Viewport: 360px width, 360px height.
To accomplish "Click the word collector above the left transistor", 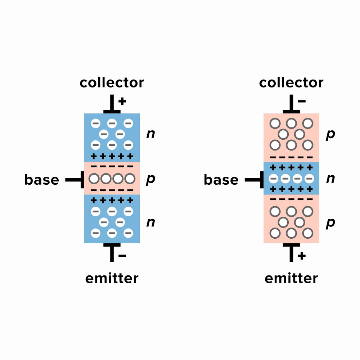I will [x=112, y=82].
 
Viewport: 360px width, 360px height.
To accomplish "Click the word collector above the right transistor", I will [x=291, y=82].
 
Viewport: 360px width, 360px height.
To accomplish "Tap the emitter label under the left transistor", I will [x=112, y=278].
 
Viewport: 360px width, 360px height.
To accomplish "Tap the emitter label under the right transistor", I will [x=291, y=278].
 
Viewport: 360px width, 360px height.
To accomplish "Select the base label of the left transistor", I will [x=41, y=179].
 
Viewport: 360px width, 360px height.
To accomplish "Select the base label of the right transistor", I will [x=221, y=179].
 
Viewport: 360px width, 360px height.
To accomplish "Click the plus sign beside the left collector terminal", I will [x=122, y=101].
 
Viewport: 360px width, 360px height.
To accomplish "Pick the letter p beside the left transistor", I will [x=150, y=180].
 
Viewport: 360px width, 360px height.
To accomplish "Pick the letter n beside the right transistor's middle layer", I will [x=330, y=179].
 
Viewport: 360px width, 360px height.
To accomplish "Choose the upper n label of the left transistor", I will [x=150, y=134].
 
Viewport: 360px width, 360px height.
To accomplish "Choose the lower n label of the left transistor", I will [x=150, y=222].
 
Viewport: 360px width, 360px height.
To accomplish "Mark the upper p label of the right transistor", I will [x=330, y=135].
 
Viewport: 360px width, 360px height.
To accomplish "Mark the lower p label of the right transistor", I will [x=330, y=223].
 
